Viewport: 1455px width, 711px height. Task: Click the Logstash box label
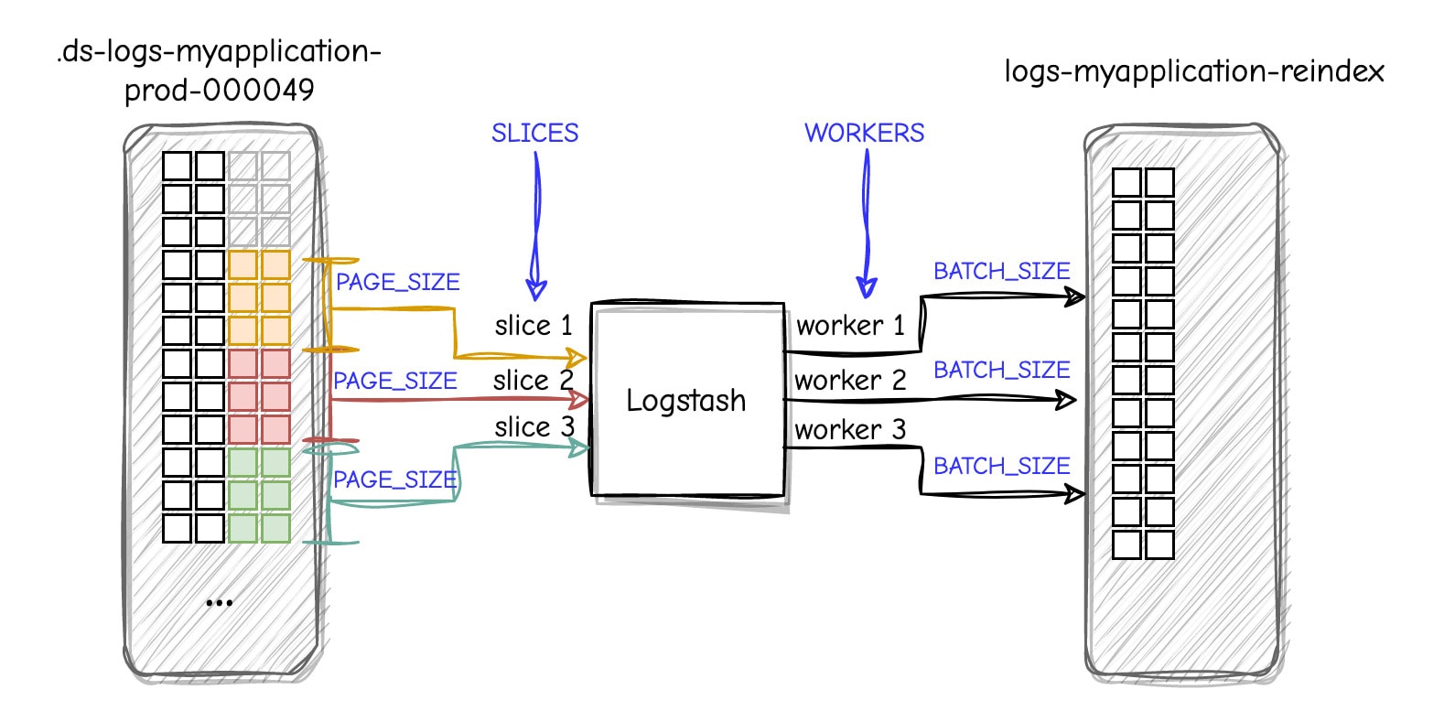click(x=685, y=401)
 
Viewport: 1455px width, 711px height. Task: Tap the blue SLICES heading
click(x=534, y=134)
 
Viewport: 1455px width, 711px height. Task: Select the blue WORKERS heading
click(x=864, y=134)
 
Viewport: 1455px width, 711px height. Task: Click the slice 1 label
click(x=533, y=326)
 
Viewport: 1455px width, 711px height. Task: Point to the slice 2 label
click(x=533, y=381)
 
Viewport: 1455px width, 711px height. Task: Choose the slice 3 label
click(x=534, y=427)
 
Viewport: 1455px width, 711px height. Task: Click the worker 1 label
click(x=850, y=326)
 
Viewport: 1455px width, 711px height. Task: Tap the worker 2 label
click(x=850, y=381)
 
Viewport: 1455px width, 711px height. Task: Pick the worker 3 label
click(x=850, y=429)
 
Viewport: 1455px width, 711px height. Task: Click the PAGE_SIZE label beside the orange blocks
click(x=397, y=283)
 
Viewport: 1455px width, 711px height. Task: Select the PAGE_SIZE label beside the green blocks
click(x=394, y=479)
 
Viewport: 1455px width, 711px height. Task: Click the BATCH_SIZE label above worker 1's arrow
click(x=1001, y=272)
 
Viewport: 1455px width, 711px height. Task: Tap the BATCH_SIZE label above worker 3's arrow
click(x=1001, y=467)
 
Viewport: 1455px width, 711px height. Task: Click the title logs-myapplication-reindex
click(x=1194, y=71)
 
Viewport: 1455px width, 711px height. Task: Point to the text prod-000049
click(x=220, y=91)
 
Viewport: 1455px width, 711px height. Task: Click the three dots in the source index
click(x=220, y=603)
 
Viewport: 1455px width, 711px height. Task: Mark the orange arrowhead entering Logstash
click(x=577, y=357)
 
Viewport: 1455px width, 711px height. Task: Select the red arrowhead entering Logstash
click(x=579, y=399)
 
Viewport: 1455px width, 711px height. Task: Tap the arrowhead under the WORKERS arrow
click(x=866, y=287)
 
